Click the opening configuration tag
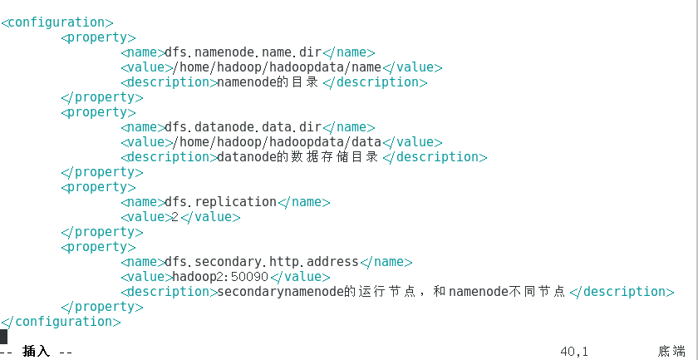pyautogui.click(x=57, y=22)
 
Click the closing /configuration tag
pyautogui.click(x=61, y=322)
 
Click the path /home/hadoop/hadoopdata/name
pyautogui.click(x=275, y=67)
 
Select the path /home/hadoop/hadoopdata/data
pyautogui.click(x=275, y=142)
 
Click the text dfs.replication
pyautogui.click(x=220, y=202)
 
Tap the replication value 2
pyautogui.click(x=174, y=217)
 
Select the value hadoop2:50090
pyautogui.click(x=220, y=277)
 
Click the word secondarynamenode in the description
pyautogui.click(x=279, y=292)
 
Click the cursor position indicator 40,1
pyautogui.click(x=574, y=352)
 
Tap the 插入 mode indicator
pyautogui.click(x=36, y=352)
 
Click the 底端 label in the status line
pyautogui.click(x=671, y=352)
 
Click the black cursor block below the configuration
pyautogui.click(x=3, y=337)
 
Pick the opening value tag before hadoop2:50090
pyautogui.click(x=145, y=277)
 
